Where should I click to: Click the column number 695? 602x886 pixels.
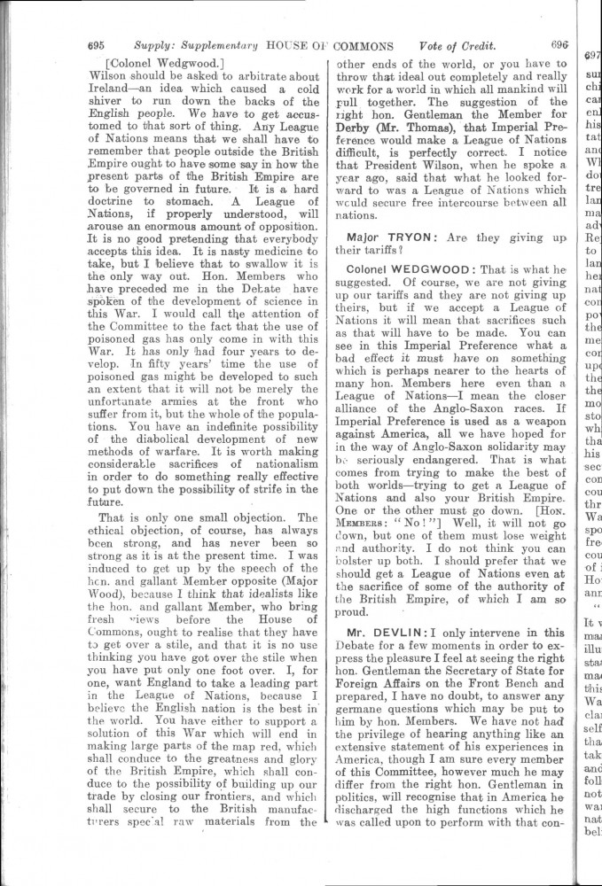[x=97, y=46]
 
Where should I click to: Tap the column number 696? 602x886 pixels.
[x=559, y=44]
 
